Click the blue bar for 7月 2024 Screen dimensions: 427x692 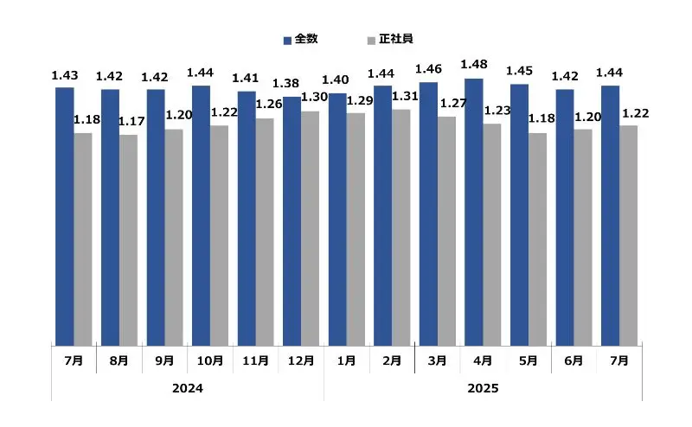65,216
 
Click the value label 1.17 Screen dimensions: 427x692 131,122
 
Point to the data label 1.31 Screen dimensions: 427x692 404,96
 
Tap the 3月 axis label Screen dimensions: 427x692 438,360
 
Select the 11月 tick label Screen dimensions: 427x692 255,360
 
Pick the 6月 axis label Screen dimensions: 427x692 574,360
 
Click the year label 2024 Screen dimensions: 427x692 188,389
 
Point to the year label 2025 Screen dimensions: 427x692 483,389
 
